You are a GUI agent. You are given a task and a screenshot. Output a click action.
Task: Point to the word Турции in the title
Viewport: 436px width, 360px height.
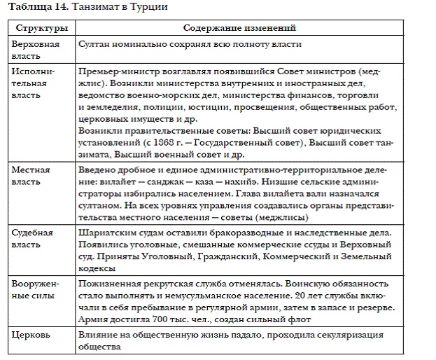149,7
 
